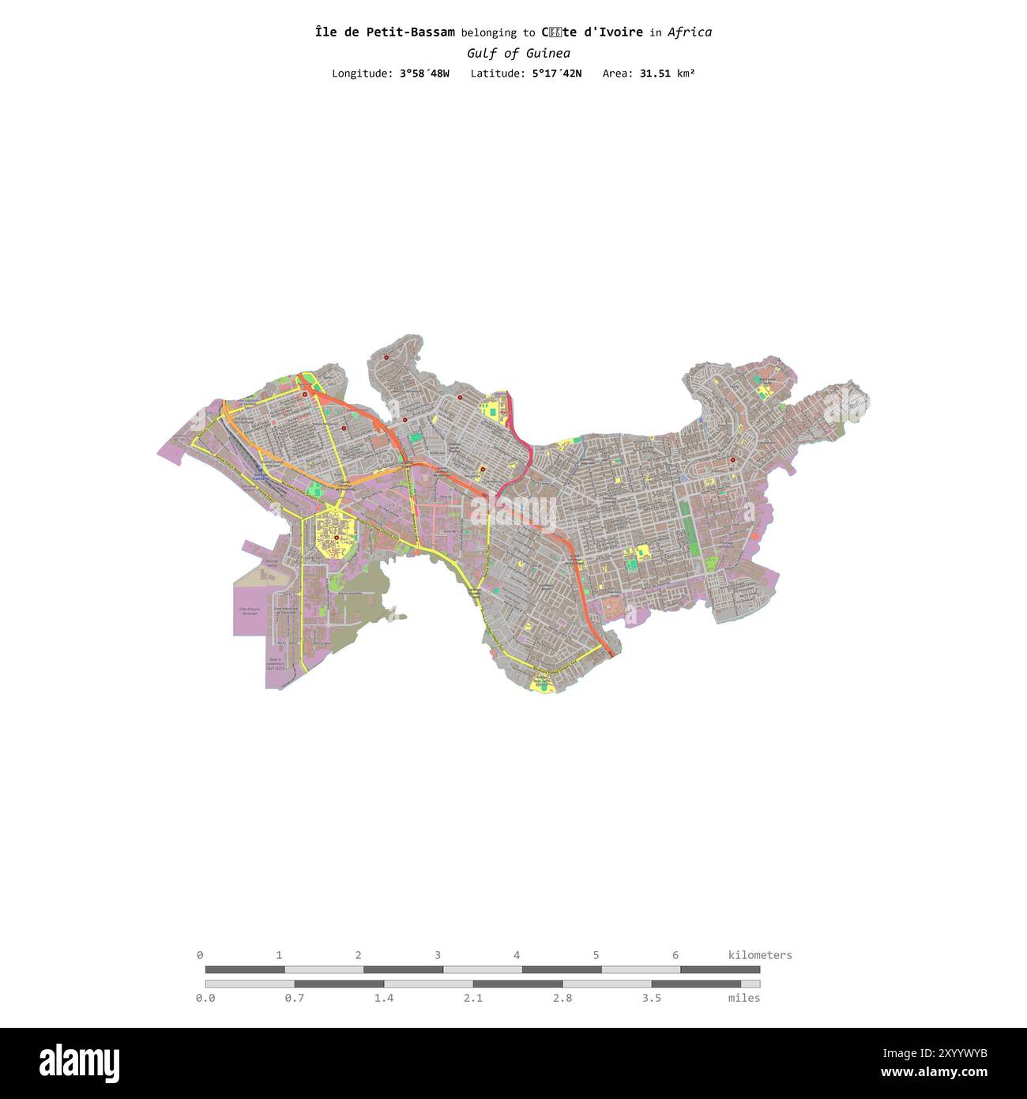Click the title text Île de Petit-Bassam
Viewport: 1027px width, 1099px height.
(x=385, y=32)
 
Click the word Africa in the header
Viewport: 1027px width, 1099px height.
(x=689, y=32)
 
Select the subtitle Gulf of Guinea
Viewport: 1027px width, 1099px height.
(x=518, y=54)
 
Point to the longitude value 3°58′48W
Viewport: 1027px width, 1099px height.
(x=424, y=74)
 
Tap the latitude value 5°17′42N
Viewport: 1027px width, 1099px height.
(x=556, y=74)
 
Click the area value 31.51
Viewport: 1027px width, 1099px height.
(x=655, y=74)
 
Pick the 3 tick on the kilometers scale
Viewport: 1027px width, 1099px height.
(x=437, y=955)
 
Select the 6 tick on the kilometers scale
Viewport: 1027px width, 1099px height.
(x=675, y=955)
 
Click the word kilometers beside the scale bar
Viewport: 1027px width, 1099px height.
(x=759, y=955)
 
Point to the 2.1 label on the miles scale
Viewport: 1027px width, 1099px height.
(x=473, y=999)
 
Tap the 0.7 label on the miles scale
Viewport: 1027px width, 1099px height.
(x=295, y=999)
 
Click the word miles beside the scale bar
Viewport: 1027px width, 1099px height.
(x=744, y=999)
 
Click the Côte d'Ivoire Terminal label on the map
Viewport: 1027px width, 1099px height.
(x=249, y=612)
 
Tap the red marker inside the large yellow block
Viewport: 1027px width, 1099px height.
(x=337, y=538)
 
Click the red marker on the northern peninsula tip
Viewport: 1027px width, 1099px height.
(x=386, y=358)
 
